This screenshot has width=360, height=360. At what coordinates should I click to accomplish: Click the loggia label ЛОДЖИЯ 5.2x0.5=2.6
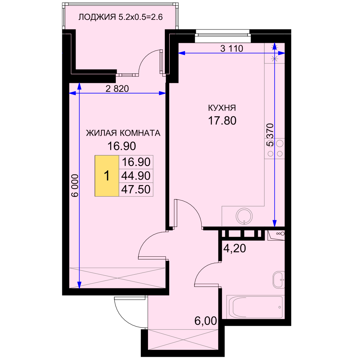pos(121,17)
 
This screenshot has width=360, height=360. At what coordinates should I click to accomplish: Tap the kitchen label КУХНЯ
pos(222,108)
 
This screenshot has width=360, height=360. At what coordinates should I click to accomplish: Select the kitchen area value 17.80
pos(222,121)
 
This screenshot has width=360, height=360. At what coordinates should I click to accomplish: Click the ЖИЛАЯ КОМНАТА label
pos(123,133)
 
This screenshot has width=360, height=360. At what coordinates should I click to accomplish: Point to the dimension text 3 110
pos(231,49)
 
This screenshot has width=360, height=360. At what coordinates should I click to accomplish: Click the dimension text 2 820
pos(117,89)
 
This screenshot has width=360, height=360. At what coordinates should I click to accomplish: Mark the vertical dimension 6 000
pos(75,185)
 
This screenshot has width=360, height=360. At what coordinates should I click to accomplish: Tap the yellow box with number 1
pos(107,176)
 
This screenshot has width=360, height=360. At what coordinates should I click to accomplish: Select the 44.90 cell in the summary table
pos(136,176)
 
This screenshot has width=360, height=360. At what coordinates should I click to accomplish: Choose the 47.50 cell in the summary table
pos(136,189)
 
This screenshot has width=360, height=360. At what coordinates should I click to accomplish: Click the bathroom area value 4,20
pos(234,248)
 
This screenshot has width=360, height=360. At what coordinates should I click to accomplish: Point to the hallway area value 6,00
pos(206,321)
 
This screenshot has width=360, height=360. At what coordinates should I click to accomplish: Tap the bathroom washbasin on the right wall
pos(279,280)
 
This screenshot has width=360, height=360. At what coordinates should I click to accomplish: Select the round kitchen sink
pos(244,216)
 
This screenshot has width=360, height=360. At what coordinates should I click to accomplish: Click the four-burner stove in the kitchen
pos(275,148)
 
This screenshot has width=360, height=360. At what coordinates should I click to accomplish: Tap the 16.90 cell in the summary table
pos(136,162)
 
